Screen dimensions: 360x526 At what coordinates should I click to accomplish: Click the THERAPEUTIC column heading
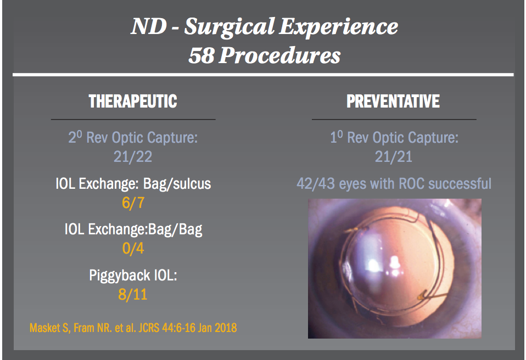click(133, 102)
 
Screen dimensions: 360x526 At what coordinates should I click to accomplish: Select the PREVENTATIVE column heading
click(393, 102)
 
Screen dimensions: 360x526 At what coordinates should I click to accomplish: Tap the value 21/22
click(133, 157)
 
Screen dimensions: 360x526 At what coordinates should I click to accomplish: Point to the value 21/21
click(393, 157)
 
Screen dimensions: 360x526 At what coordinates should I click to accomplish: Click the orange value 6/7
click(133, 203)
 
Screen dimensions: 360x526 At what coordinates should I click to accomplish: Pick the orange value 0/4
click(133, 249)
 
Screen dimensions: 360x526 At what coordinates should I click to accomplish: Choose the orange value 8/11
click(133, 295)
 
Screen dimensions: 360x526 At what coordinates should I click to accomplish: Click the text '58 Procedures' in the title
click(264, 55)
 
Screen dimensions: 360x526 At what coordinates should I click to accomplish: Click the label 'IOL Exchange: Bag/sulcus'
click(133, 184)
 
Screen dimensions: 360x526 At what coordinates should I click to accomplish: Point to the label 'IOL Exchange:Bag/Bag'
click(133, 229)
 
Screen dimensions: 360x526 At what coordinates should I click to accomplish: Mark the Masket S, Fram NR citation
click(133, 328)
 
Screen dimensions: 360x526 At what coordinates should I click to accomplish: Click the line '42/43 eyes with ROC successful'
click(393, 183)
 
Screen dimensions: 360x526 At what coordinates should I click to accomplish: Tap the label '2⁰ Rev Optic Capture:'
click(133, 138)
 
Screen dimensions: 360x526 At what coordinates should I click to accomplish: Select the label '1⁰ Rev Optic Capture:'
click(393, 138)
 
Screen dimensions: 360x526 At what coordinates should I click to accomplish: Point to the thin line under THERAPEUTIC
click(133, 119)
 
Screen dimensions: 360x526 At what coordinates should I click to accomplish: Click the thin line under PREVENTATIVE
click(393, 119)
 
